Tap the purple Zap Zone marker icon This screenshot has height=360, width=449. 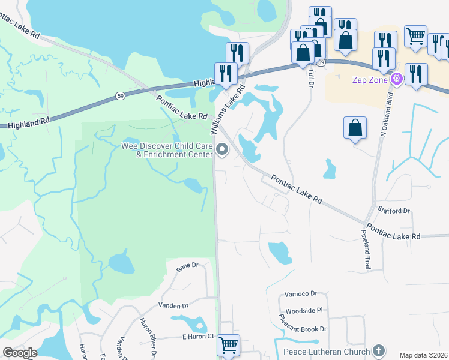(396, 79)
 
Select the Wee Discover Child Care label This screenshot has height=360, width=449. (167, 149)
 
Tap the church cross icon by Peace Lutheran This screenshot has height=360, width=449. (378, 350)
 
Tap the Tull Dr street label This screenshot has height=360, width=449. (310, 77)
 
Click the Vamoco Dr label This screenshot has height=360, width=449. (301, 293)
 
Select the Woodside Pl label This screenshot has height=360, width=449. (304, 311)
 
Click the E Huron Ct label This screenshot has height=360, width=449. (199, 337)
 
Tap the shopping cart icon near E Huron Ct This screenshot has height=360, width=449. (228, 345)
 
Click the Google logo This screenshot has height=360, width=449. (20, 352)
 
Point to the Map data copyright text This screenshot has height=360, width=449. (423, 355)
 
